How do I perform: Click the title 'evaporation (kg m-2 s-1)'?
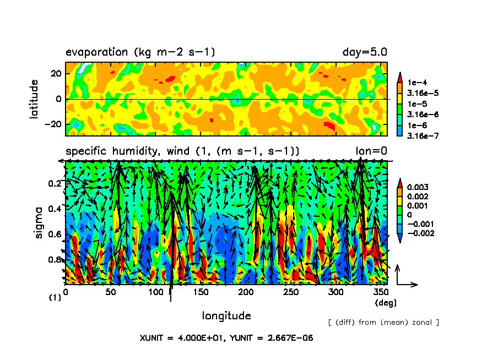140,52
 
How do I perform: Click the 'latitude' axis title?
35,100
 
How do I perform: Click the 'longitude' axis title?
226,315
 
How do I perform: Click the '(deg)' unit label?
385,302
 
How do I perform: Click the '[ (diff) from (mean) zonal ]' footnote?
383,322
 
